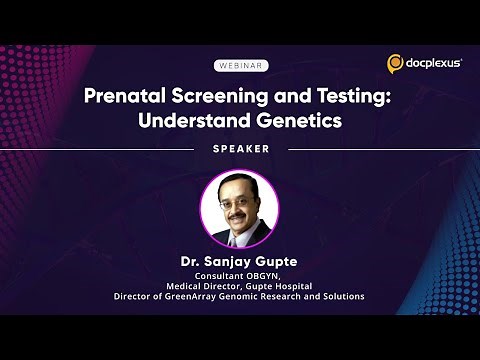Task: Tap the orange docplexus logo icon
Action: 395,64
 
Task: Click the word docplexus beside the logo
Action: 432,64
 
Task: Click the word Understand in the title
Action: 191,122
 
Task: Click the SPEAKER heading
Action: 240,149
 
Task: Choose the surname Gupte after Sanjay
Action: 278,261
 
